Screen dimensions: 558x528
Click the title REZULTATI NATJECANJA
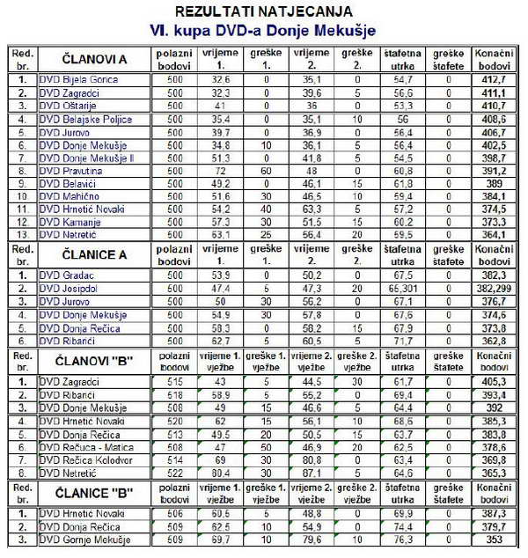point(264,11)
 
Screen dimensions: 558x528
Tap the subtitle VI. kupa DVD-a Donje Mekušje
point(264,30)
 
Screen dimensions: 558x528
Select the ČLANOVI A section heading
point(94,59)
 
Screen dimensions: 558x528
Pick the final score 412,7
point(494,79)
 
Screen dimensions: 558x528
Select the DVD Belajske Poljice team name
point(83,119)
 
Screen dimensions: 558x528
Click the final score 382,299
point(494,288)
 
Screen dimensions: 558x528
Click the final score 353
point(494,539)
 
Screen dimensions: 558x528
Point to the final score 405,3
point(494,381)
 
